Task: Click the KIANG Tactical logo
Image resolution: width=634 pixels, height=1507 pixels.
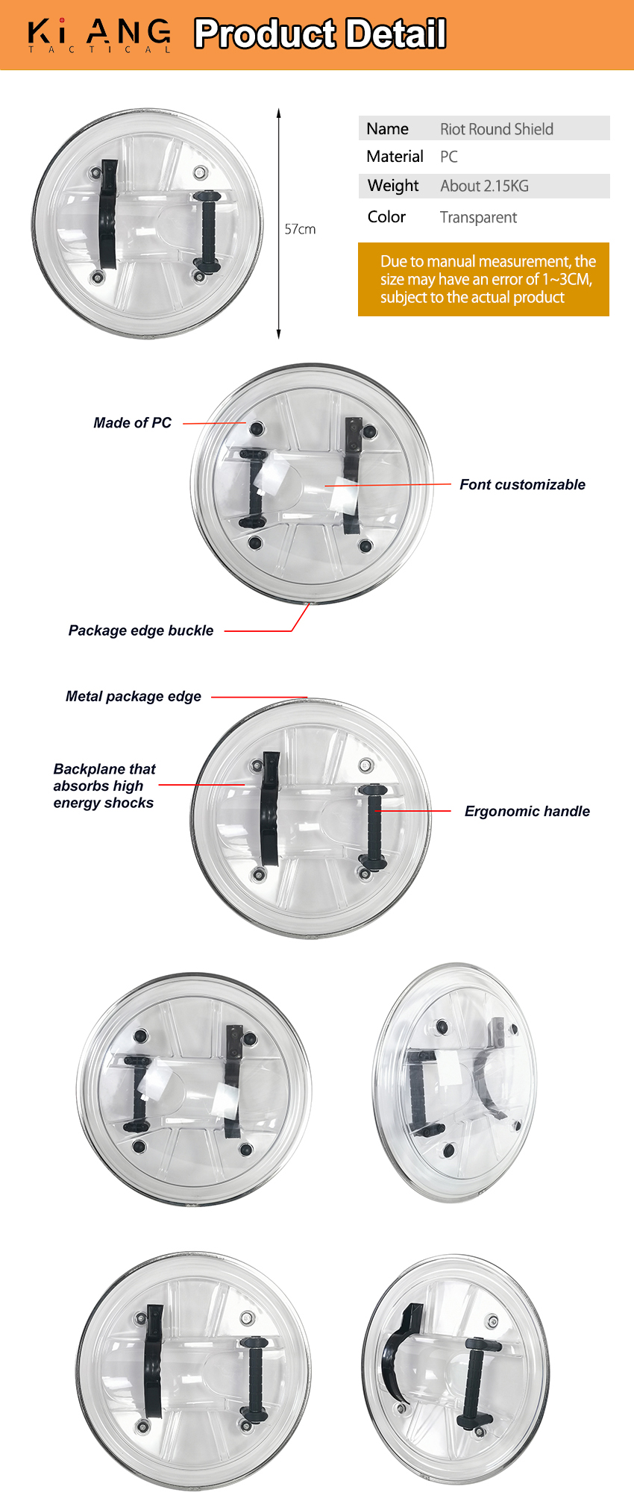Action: click(99, 34)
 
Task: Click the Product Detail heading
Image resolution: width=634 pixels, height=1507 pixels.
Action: click(320, 34)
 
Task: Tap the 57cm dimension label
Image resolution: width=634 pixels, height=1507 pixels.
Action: click(300, 229)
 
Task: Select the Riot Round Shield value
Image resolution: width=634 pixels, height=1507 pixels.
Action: click(496, 129)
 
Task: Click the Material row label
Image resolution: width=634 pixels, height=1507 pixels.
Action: click(395, 157)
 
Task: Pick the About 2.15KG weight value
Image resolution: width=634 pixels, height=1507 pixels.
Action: click(484, 186)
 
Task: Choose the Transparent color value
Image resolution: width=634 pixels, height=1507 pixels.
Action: click(478, 217)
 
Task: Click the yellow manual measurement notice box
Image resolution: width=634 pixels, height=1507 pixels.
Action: click(483, 279)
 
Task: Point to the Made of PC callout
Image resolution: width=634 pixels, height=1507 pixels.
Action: click(132, 423)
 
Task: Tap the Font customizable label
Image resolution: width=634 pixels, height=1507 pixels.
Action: click(522, 485)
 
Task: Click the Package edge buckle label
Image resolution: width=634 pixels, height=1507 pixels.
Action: click(141, 630)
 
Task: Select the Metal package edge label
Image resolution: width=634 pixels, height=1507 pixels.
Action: click(134, 696)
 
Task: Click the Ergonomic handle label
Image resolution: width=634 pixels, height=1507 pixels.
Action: click(527, 811)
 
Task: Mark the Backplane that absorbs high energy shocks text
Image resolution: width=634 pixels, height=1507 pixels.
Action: click(104, 786)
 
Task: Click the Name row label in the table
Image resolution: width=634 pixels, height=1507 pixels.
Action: click(387, 129)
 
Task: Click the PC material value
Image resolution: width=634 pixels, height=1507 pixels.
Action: click(448, 157)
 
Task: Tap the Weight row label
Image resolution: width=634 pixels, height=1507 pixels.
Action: click(393, 186)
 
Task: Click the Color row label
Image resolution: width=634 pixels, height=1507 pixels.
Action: click(386, 217)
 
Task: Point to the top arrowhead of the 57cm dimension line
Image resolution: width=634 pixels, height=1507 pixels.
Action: click(279, 113)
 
